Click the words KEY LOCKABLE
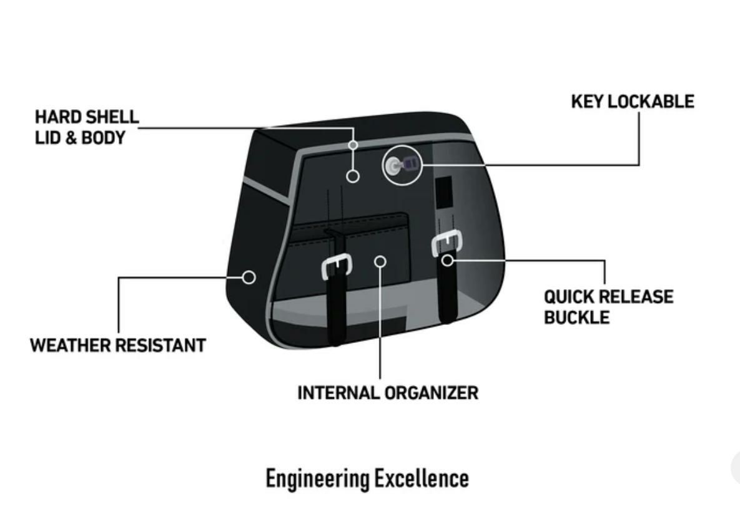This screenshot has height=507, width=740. (x=632, y=102)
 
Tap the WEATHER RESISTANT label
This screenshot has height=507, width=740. (x=118, y=345)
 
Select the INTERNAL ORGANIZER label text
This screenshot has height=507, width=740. (x=387, y=393)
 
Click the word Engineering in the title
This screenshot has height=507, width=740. (x=317, y=479)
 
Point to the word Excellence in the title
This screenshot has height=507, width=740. (x=422, y=479)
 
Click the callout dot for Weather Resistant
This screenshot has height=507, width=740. (x=249, y=277)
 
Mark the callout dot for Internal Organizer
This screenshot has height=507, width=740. (x=380, y=260)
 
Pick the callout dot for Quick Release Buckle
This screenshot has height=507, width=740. (x=448, y=259)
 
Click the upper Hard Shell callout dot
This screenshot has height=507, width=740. (x=353, y=145)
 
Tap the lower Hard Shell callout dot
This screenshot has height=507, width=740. (x=353, y=176)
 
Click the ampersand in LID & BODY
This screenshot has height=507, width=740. (x=71, y=138)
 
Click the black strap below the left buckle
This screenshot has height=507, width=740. (x=337, y=312)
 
